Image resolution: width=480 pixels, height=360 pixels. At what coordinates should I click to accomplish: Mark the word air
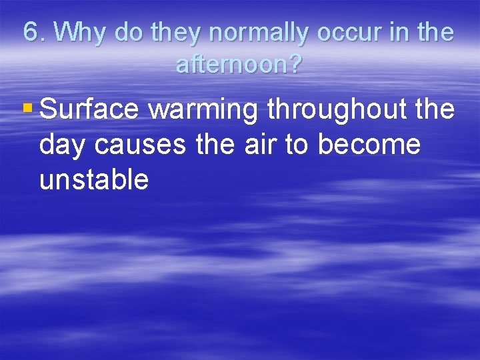[x=261, y=145]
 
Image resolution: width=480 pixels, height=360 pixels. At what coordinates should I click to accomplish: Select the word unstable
[x=94, y=179]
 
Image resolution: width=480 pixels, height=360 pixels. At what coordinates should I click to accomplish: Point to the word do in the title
[x=127, y=32]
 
